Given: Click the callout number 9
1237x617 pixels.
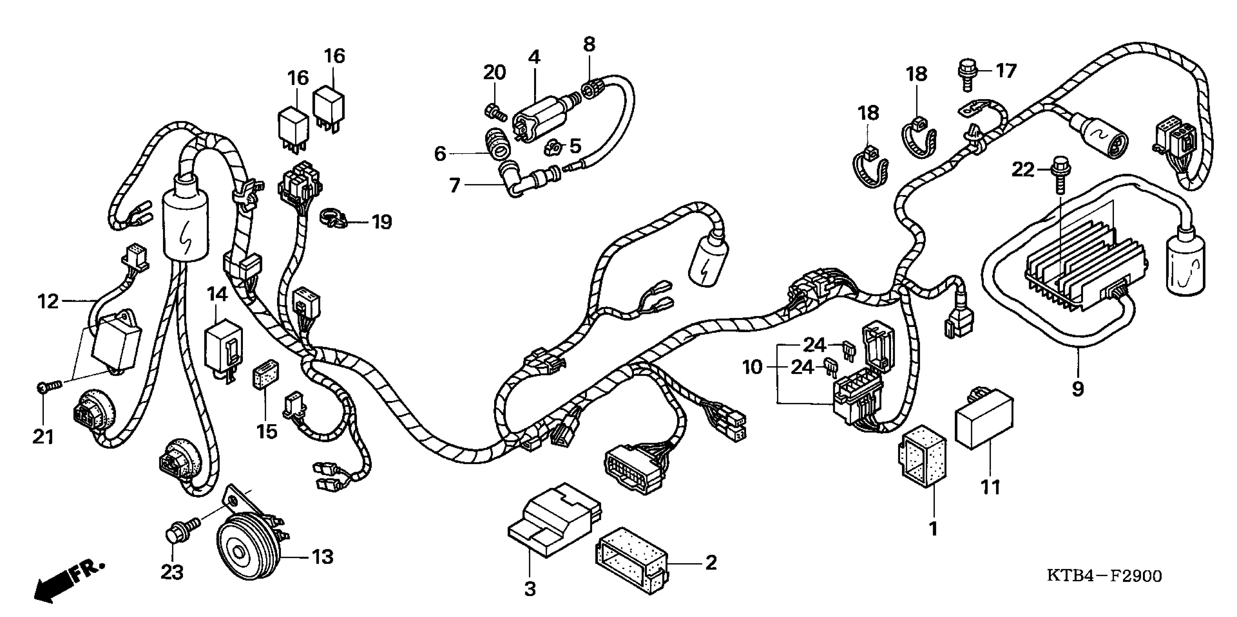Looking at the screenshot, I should click(x=1078, y=388).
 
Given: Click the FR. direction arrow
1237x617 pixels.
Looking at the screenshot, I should click(x=67, y=581).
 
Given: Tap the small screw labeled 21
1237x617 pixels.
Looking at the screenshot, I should click(x=48, y=386).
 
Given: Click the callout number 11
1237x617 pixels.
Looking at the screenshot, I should click(x=990, y=487).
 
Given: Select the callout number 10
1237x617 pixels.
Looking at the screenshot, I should click(x=753, y=367).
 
